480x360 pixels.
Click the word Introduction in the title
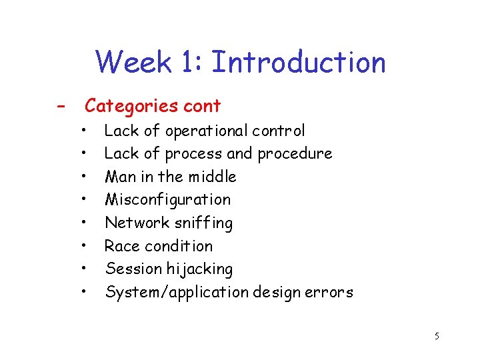click(298, 63)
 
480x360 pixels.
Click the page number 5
click(437, 336)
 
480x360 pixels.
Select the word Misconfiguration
click(167, 199)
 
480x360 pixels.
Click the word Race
click(121, 246)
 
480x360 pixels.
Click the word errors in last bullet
click(330, 293)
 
